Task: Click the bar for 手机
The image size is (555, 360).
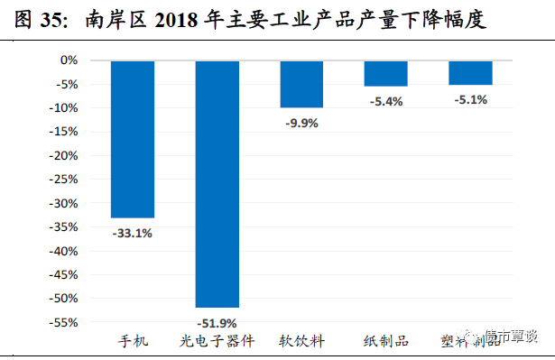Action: click(x=133, y=139)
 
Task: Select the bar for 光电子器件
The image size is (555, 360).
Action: click(x=217, y=184)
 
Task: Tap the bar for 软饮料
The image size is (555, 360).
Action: click(x=301, y=84)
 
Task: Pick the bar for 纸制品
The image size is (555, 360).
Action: click(x=385, y=73)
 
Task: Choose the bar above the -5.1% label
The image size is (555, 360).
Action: click(x=470, y=72)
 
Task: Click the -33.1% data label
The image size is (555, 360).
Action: click(x=133, y=233)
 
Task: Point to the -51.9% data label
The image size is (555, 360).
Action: click(x=217, y=322)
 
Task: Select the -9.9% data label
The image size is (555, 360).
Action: click(x=301, y=123)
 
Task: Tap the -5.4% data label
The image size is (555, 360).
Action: click(x=385, y=101)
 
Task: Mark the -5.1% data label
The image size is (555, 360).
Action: click(x=470, y=100)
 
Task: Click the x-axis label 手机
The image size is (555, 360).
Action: click(x=133, y=341)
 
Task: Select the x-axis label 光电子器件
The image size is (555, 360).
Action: click(x=217, y=341)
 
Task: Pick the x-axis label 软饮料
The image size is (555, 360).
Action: click(x=301, y=341)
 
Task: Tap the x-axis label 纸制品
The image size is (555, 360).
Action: click(x=385, y=341)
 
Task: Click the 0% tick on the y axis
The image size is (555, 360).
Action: click(x=69, y=60)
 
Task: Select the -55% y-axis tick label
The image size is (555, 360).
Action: click(x=64, y=322)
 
